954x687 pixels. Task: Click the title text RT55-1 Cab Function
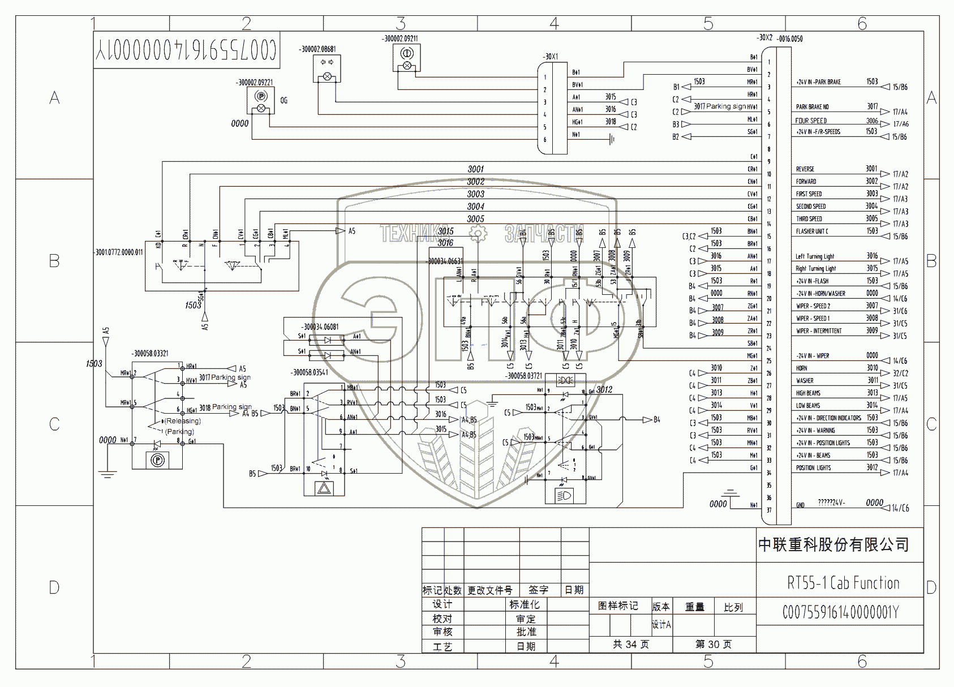tap(843, 583)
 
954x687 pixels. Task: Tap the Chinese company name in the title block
tap(833, 545)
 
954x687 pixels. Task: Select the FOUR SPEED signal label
tap(811, 121)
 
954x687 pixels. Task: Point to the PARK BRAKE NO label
tap(812, 107)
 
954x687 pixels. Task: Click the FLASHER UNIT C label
tap(812, 231)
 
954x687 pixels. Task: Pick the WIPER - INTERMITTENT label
tap(819, 331)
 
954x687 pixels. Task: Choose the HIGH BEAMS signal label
tap(808, 393)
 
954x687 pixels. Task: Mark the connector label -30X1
tap(551, 57)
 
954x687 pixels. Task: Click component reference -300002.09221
tap(254, 83)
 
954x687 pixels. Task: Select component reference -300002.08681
tap(317, 49)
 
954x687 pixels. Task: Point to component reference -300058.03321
tap(150, 354)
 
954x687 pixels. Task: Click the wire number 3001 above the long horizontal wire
tap(475, 169)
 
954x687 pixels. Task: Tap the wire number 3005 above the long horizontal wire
tap(475, 219)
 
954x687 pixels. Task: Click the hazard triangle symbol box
tap(324, 488)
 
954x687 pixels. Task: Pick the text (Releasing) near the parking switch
tap(183, 421)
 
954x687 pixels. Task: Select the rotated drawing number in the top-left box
tap(186, 50)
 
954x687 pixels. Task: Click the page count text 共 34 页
tap(630, 645)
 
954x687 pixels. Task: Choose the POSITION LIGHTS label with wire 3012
tap(813, 468)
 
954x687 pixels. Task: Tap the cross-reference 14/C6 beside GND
tap(900, 508)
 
